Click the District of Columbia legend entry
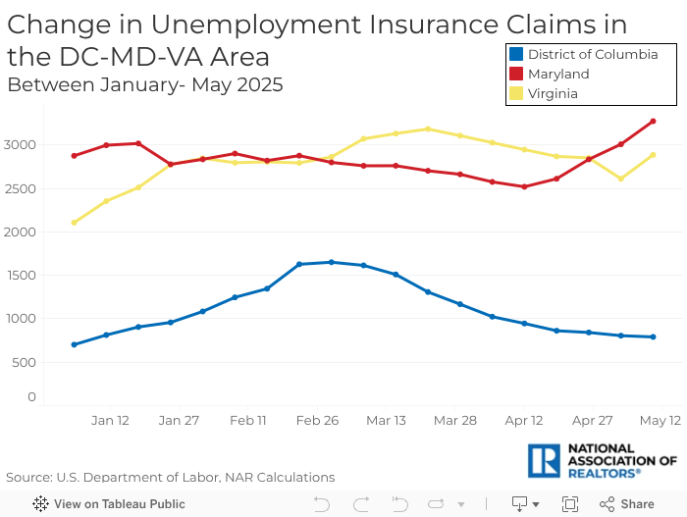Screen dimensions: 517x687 coord(592,55)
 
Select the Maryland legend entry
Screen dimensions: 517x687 coord(557,75)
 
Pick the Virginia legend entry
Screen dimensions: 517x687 coord(552,94)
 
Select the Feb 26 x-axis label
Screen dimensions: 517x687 coord(317,420)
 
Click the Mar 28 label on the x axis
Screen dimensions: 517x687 coord(454,420)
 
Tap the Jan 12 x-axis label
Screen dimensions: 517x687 coord(110,420)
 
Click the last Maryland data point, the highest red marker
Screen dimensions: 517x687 coord(653,122)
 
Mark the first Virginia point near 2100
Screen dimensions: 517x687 coord(74,223)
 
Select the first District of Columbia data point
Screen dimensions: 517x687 coord(74,344)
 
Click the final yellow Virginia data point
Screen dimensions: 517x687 coord(653,155)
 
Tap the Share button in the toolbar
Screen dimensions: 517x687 coord(627,504)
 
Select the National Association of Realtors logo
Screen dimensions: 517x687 coord(602,460)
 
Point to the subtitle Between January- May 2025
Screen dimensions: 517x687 coord(145,84)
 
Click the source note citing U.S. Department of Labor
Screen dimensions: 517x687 coord(170,478)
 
